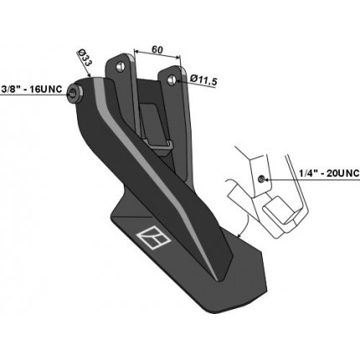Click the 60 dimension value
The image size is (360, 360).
click(x=157, y=49)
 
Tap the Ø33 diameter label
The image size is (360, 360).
click(x=85, y=58)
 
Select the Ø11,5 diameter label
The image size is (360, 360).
click(x=203, y=80)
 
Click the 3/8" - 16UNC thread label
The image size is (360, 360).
click(x=32, y=90)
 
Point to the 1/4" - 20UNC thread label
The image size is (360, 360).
click(x=329, y=173)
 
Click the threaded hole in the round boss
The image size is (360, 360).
click(x=74, y=94)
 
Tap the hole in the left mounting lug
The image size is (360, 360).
click(x=121, y=66)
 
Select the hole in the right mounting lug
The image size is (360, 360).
click(x=171, y=80)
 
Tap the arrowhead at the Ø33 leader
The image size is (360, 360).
click(x=89, y=75)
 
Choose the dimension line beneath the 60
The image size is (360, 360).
click(x=157, y=54)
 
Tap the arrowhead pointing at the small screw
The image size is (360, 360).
click(x=267, y=179)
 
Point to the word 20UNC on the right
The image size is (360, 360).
click(x=343, y=173)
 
